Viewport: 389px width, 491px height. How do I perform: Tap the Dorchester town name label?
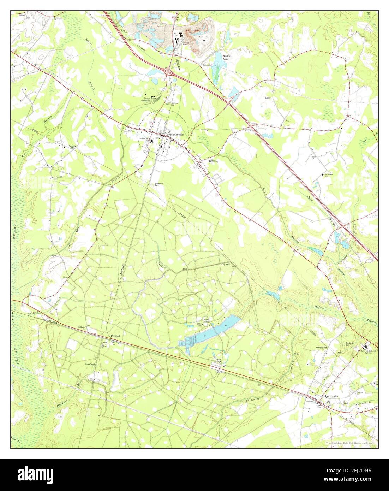click(331, 396)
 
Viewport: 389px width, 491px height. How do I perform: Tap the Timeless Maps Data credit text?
click(350, 442)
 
